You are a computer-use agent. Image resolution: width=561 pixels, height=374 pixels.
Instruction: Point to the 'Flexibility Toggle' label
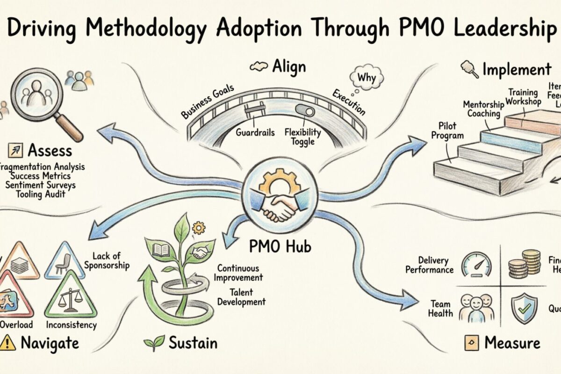[x=302, y=137]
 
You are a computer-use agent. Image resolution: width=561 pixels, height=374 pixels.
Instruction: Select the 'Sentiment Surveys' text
[x=41, y=185]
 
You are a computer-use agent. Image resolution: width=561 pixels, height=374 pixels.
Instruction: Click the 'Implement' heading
[x=517, y=70]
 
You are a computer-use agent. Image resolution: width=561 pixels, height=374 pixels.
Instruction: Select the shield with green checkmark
[x=523, y=309]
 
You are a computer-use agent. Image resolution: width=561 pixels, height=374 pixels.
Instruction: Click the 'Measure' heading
[x=512, y=343]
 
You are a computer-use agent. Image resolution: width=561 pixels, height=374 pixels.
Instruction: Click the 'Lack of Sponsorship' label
[x=108, y=261]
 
